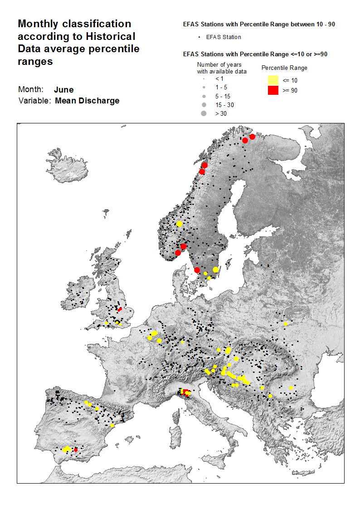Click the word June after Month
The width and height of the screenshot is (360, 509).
63,90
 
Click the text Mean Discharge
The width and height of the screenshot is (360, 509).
87,101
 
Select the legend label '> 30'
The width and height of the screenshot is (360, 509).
221,113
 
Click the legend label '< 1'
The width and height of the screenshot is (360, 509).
219,78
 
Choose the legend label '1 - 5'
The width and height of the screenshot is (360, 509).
221,87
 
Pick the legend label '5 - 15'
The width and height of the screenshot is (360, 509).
223,96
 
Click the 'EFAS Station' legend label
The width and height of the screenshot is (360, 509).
224,37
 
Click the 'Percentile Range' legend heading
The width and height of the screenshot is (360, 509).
285,68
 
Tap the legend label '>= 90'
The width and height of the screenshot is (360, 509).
290,90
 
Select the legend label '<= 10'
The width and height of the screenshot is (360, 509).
290,80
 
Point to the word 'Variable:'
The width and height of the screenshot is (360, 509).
34,101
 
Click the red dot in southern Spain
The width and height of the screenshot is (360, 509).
76,450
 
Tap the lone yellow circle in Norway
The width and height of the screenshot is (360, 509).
180,224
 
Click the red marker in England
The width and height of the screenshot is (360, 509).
120,309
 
